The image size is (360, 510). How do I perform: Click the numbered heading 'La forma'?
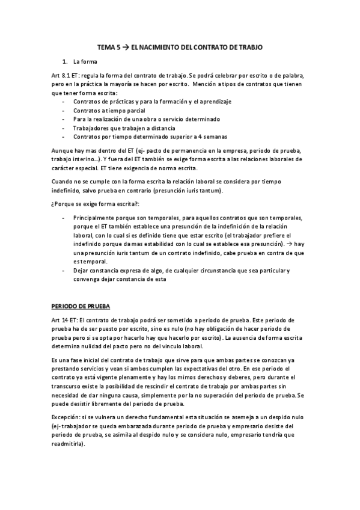(84, 62)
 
